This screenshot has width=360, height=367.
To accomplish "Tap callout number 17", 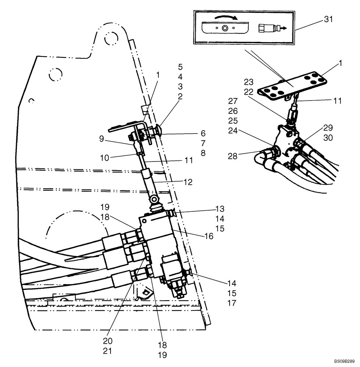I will click(231, 303).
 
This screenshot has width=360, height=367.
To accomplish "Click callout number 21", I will click(107, 350).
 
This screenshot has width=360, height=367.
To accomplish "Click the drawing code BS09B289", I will click(344, 361).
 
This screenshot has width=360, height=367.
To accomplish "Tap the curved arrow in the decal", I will click(225, 17).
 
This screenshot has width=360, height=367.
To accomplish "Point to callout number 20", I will click(107, 341).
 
